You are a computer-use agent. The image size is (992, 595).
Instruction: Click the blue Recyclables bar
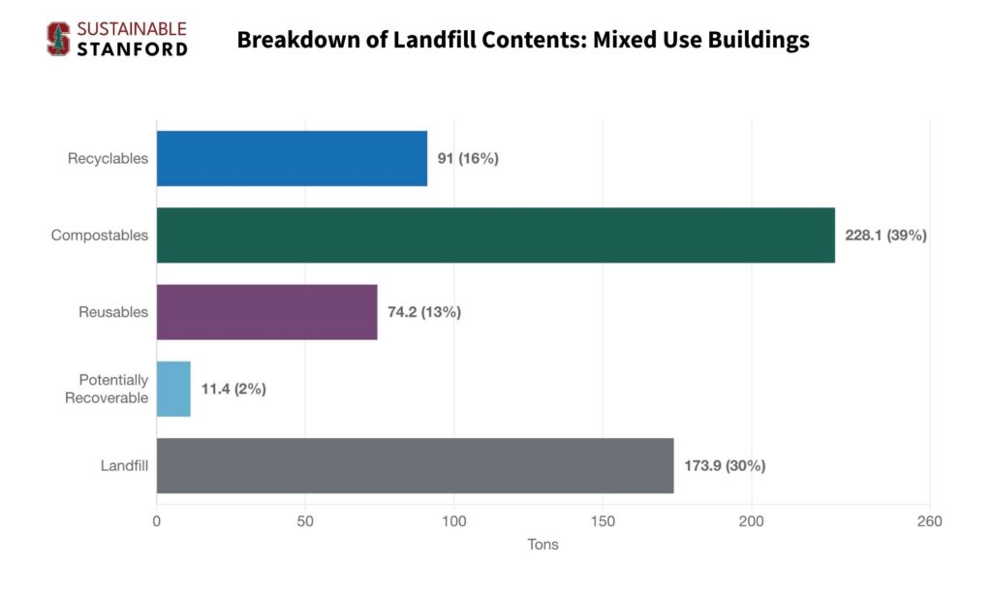[x=292, y=158]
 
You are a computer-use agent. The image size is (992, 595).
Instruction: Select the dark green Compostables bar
[x=495, y=235]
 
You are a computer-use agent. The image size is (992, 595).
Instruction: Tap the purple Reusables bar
[x=266, y=312]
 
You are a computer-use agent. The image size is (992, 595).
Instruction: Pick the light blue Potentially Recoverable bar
[x=173, y=389]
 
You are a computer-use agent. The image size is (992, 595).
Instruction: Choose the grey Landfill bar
[x=415, y=465]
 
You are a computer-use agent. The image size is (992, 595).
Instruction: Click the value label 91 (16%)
[x=467, y=158]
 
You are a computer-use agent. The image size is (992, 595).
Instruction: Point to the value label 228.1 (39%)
[x=885, y=235]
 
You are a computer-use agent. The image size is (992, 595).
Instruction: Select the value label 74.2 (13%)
[x=423, y=312]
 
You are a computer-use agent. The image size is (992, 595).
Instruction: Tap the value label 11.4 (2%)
[x=233, y=389]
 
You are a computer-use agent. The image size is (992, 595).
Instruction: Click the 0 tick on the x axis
[x=156, y=521]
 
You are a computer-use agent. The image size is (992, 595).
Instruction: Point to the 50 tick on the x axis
[x=305, y=521]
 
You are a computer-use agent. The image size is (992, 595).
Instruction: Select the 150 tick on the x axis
[x=603, y=521]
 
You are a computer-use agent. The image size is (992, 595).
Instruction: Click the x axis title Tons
[x=542, y=545]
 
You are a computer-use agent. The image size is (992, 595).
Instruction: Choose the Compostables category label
[x=100, y=235]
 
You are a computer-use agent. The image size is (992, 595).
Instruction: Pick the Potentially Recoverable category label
[x=107, y=389]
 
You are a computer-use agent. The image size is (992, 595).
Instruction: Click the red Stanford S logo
[x=58, y=39]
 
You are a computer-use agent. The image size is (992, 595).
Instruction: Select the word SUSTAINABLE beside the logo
[x=131, y=29]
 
